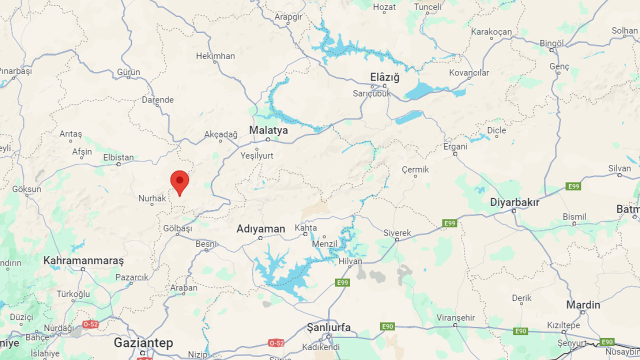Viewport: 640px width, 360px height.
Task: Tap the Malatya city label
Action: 268,130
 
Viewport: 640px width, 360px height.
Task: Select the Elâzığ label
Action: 385,77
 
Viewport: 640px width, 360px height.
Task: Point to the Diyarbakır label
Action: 514,202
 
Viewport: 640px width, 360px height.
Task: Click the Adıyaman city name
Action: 260,229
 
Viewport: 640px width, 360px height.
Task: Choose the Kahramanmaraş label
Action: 83,260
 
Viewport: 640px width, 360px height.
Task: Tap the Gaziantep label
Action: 143,343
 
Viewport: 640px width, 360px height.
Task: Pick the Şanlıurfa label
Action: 328,327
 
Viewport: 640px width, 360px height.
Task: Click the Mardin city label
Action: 583,304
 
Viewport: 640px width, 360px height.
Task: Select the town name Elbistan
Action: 118,157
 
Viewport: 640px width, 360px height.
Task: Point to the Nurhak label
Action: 152,198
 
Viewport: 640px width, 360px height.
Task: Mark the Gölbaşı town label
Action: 177,228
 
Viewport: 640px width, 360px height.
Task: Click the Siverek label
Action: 397,233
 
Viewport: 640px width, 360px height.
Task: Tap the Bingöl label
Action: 551,43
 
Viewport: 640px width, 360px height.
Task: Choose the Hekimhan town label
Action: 215,56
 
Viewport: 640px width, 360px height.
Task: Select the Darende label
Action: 157,99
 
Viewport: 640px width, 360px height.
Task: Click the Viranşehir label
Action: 455,317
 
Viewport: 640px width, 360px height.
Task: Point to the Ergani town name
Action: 455,146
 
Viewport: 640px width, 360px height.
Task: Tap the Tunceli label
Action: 428,7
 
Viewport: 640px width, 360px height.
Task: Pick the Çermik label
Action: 415,169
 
